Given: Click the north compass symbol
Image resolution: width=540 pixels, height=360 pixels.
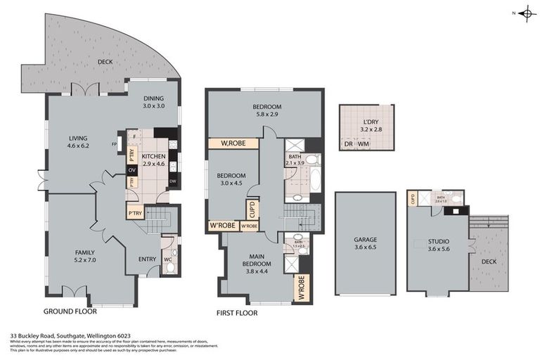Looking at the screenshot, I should tap(526, 13).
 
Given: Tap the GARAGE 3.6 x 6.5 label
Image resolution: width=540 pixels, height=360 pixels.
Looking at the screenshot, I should tap(365, 243).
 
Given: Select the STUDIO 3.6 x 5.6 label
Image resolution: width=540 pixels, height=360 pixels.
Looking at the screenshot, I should tap(437, 244).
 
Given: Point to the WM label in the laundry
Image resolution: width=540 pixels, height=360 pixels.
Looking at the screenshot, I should tap(364, 144).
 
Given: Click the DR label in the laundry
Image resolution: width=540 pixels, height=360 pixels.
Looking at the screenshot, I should tap(349, 144).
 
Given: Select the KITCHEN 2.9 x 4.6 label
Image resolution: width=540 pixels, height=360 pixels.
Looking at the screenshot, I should tap(153, 160).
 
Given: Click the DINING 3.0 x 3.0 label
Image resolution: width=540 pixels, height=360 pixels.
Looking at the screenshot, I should tap(153, 103).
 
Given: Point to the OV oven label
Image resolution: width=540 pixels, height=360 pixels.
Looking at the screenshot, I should tap(131, 169).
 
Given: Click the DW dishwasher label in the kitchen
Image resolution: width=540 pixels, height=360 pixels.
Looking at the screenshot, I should tap(172, 181).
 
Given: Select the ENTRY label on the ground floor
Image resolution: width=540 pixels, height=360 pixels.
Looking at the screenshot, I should tap(147, 259).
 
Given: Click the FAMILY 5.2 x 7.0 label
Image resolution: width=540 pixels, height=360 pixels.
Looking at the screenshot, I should tap(84, 256).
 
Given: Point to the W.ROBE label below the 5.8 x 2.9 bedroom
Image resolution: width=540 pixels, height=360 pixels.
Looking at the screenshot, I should tap(232, 143).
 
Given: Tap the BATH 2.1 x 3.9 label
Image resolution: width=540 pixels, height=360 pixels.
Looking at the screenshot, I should tap(296, 160).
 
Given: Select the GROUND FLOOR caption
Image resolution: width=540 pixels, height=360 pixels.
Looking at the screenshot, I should tap(70, 310).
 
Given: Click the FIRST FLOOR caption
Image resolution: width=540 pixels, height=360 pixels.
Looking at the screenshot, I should tap(238, 312).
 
